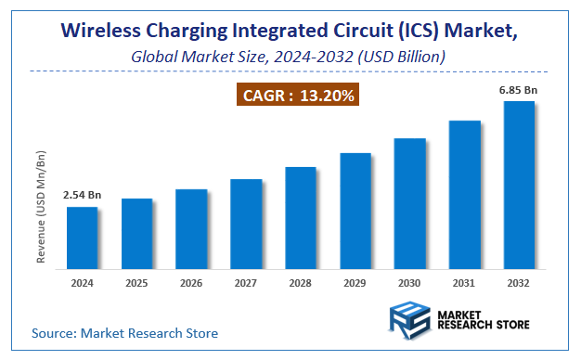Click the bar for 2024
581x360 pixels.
(82, 237)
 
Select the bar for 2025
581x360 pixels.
(136, 232)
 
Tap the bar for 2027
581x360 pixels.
(246, 223)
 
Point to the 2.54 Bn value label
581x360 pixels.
(82, 196)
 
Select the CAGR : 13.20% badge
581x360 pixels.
(299, 95)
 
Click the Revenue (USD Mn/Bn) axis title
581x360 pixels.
(41, 204)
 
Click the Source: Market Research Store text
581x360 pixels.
(124, 332)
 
